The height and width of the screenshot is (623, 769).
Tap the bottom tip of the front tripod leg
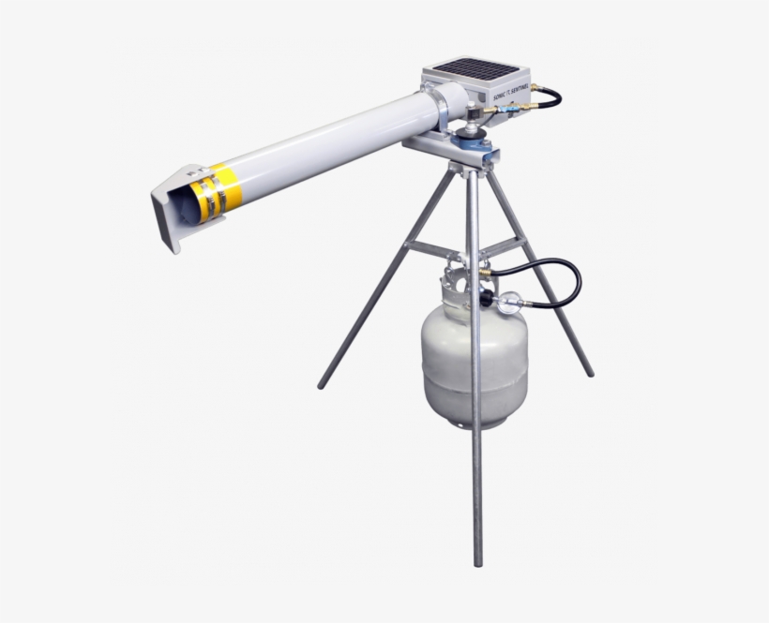[477, 562]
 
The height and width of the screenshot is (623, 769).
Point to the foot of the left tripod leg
[322, 384]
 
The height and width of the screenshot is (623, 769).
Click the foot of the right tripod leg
[589, 372]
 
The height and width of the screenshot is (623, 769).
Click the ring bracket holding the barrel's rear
[441, 108]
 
